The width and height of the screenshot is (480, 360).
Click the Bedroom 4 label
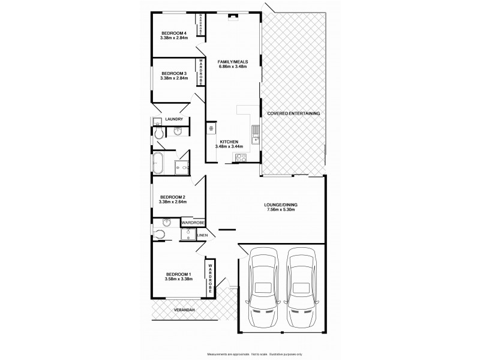click(x=174, y=33)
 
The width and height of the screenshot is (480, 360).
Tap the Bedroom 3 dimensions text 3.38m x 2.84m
click(x=174, y=78)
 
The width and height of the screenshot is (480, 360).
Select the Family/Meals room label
click(x=233, y=61)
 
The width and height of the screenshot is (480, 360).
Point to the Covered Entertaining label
click(x=293, y=113)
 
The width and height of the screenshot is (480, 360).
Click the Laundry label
click(x=173, y=119)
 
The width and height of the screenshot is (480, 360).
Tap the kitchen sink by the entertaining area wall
click(x=256, y=128)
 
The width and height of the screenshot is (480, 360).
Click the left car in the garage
click(x=263, y=288)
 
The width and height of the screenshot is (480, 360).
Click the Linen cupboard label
click(x=202, y=235)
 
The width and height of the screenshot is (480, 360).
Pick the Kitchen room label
click(x=229, y=142)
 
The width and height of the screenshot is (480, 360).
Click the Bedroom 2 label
click(x=172, y=197)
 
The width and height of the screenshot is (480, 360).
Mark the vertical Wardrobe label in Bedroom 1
click(x=211, y=277)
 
